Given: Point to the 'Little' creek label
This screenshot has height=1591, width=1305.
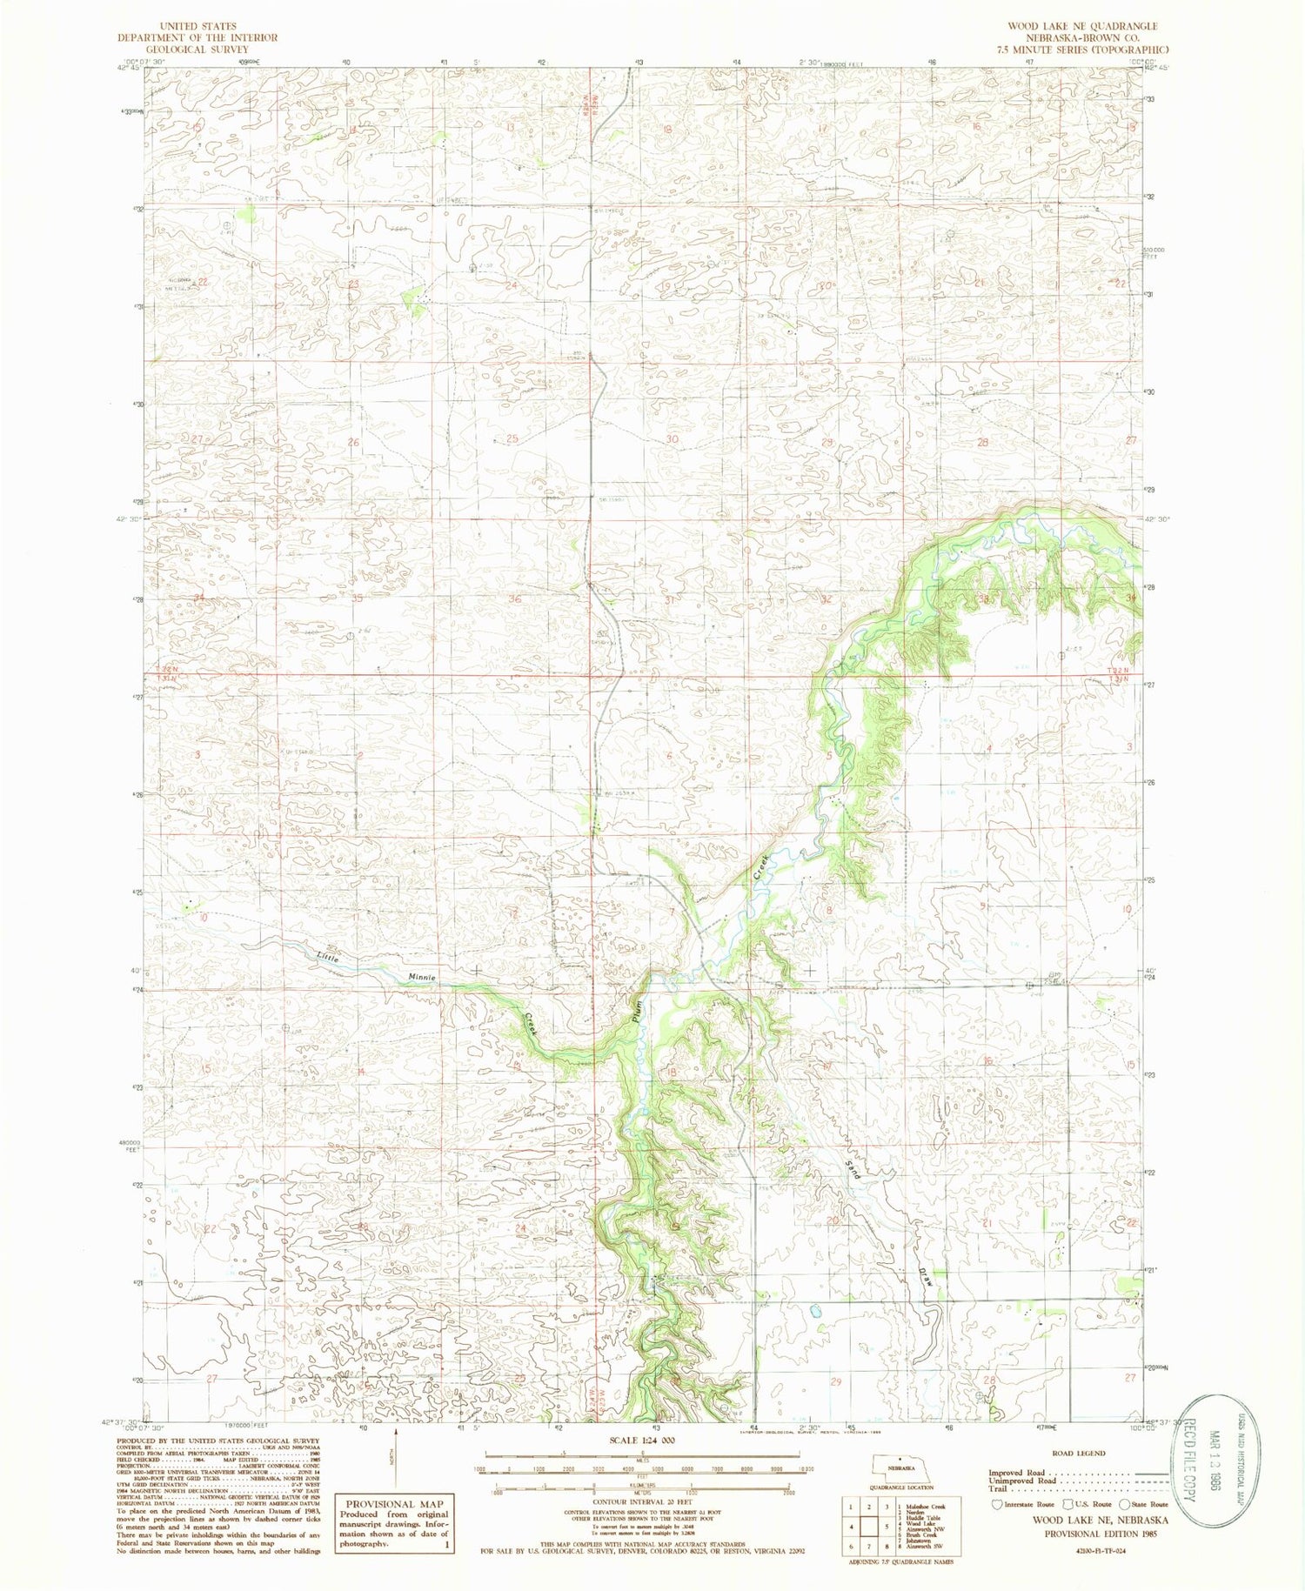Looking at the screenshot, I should tap(327, 958).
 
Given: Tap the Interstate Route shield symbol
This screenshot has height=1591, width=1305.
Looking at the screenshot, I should tap(996, 1504).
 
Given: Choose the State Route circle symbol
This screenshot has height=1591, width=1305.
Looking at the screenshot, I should tap(1124, 1504).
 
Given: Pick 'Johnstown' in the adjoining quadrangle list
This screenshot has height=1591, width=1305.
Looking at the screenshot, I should tap(922, 1541).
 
